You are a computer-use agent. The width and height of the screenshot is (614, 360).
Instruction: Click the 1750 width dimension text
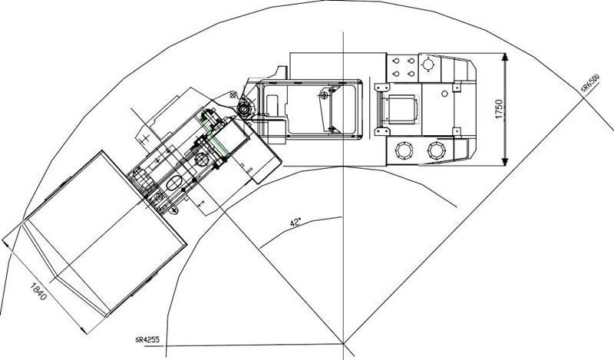click(x=498, y=109)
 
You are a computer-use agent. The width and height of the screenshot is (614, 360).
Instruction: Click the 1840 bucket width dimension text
click(x=38, y=291)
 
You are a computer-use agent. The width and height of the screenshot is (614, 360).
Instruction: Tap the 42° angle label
click(x=295, y=223)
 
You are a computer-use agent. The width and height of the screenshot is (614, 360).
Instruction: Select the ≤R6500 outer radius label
click(x=590, y=84)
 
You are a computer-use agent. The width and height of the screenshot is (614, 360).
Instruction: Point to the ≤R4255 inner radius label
click(x=147, y=339)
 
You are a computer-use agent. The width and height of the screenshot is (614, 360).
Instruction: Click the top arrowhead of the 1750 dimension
click(x=505, y=58)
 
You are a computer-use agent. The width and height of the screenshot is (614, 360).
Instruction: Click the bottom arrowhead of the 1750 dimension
click(x=505, y=161)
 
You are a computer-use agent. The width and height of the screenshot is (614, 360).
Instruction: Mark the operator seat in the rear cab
click(x=399, y=109)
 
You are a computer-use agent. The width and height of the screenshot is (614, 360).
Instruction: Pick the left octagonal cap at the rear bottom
click(x=404, y=150)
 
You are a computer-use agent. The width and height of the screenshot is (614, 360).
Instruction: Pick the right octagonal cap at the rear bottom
click(x=437, y=150)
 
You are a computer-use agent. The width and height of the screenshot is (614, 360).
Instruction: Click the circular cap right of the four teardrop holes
click(x=429, y=63)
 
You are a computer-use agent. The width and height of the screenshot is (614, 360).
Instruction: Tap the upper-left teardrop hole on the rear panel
click(x=396, y=61)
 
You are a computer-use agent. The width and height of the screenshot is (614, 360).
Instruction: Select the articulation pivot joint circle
click(x=244, y=108)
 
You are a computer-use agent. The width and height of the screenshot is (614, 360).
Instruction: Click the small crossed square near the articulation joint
click(x=234, y=94)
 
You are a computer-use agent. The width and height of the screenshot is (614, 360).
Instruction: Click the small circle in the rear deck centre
click(x=444, y=94)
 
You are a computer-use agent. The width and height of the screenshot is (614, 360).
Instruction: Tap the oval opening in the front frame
click(x=174, y=182)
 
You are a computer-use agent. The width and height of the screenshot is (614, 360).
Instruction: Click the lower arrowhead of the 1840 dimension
click(x=84, y=329)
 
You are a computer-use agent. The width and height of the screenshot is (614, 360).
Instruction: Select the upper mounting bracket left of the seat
click(x=381, y=87)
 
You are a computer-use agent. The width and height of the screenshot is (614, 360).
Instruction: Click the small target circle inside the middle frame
click(x=324, y=94)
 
